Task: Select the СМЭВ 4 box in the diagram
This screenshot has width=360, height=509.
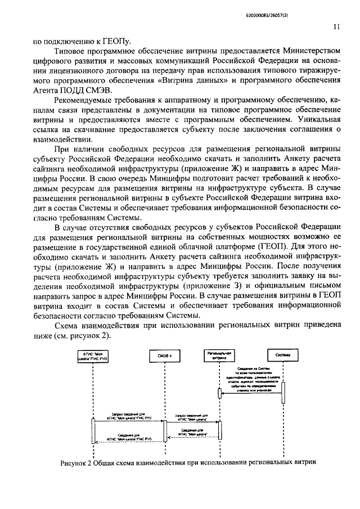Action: tap(164, 355)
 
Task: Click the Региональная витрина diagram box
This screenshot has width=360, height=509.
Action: tap(219, 355)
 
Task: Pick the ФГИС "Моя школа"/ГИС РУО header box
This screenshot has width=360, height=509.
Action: tap(93, 355)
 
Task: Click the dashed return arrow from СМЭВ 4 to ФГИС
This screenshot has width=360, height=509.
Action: tap(129, 441)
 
